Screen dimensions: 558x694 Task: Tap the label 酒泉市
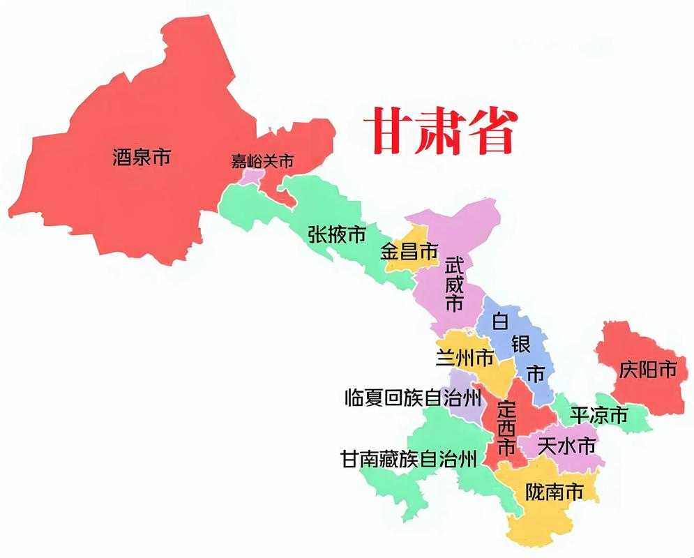pos(142,156)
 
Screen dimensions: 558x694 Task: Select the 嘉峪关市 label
pos(262,161)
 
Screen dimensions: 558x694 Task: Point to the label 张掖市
pos(337,235)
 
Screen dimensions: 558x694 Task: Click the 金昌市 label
pos(409,251)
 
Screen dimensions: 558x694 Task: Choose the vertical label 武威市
pos(454,284)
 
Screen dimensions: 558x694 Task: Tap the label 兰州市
pos(465,359)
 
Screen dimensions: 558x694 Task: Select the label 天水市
pos(568,444)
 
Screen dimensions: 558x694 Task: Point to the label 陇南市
pos(554,491)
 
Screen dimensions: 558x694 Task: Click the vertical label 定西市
pos(506,427)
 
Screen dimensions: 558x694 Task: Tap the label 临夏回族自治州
pos(413,398)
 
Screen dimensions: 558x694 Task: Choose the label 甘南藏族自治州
pos(409,459)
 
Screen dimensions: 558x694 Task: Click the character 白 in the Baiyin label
pos(500,322)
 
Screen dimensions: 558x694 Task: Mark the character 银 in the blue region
pos(520,345)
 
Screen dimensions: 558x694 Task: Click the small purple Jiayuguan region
pos(249,176)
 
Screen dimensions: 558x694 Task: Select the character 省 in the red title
pos(492,130)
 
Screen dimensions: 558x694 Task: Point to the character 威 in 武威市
pos(454,284)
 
